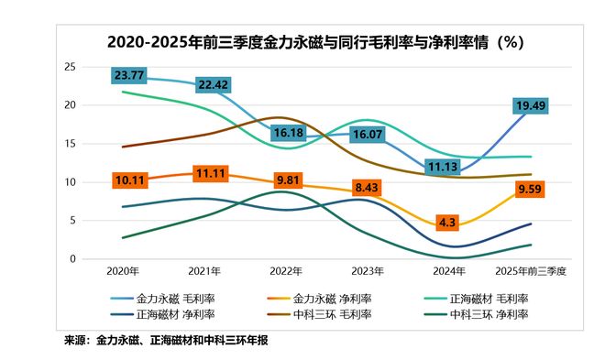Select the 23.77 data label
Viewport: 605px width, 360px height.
(x=130, y=75)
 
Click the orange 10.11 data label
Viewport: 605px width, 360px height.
(x=130, y=180)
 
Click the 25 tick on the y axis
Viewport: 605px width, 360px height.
(x=70, y=67)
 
